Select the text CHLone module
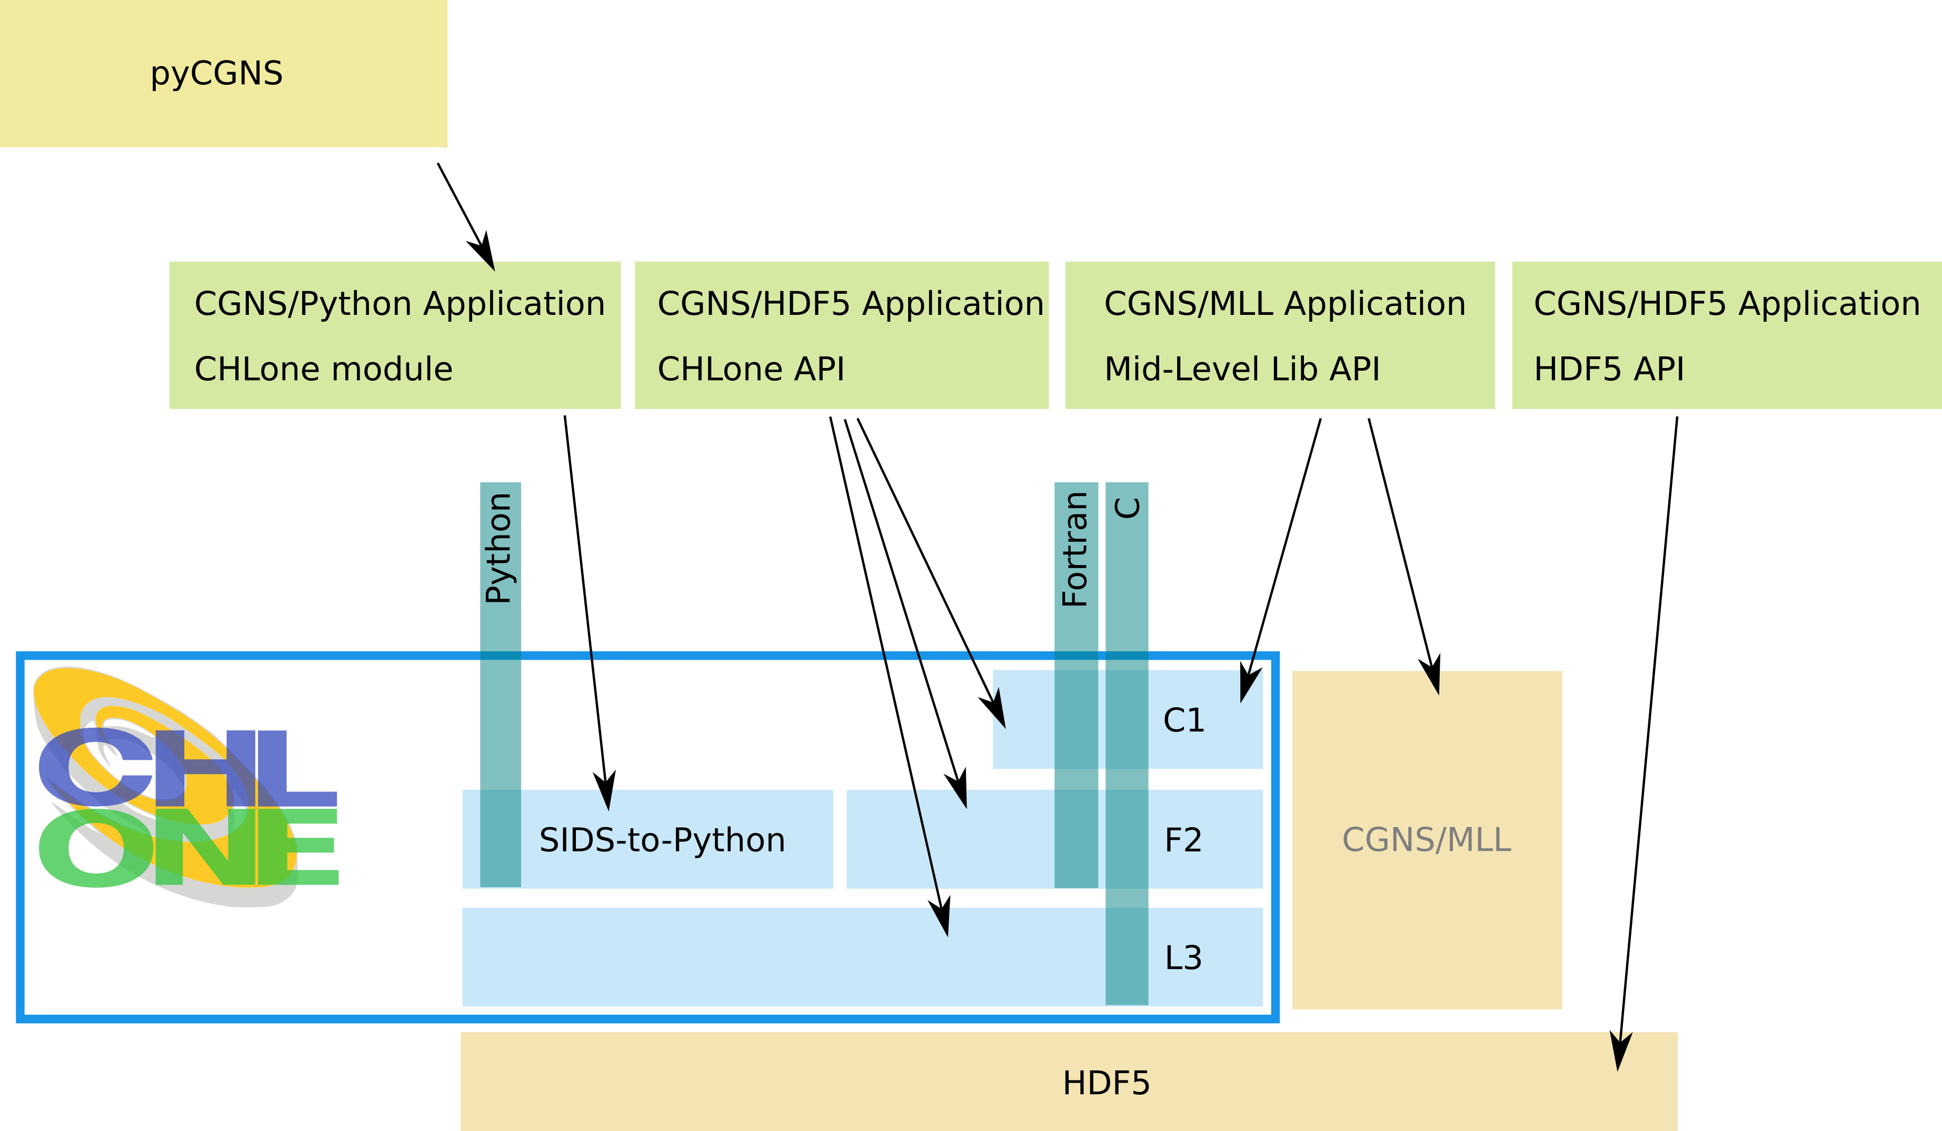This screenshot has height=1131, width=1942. tap(324, 369)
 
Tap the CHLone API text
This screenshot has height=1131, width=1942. tap(751, 369)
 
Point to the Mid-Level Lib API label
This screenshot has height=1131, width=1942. tap(1242, 369)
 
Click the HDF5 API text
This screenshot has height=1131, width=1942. tap(1609, 369)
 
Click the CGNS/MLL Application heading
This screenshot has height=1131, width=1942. tap(1284, 304)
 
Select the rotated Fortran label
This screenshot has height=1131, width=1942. tap(1075, 549)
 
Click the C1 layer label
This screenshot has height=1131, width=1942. tap(1184, 720)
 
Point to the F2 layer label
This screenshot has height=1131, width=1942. tap(1183, 840)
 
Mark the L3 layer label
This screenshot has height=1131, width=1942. tap(1183, 958)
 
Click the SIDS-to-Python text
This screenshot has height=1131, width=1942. tap(662, 840)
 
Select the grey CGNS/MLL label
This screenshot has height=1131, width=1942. tap(1427, 840)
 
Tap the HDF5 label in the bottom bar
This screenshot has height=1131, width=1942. tap(1106, 1083)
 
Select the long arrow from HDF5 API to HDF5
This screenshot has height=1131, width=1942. tap(1648, 744)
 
